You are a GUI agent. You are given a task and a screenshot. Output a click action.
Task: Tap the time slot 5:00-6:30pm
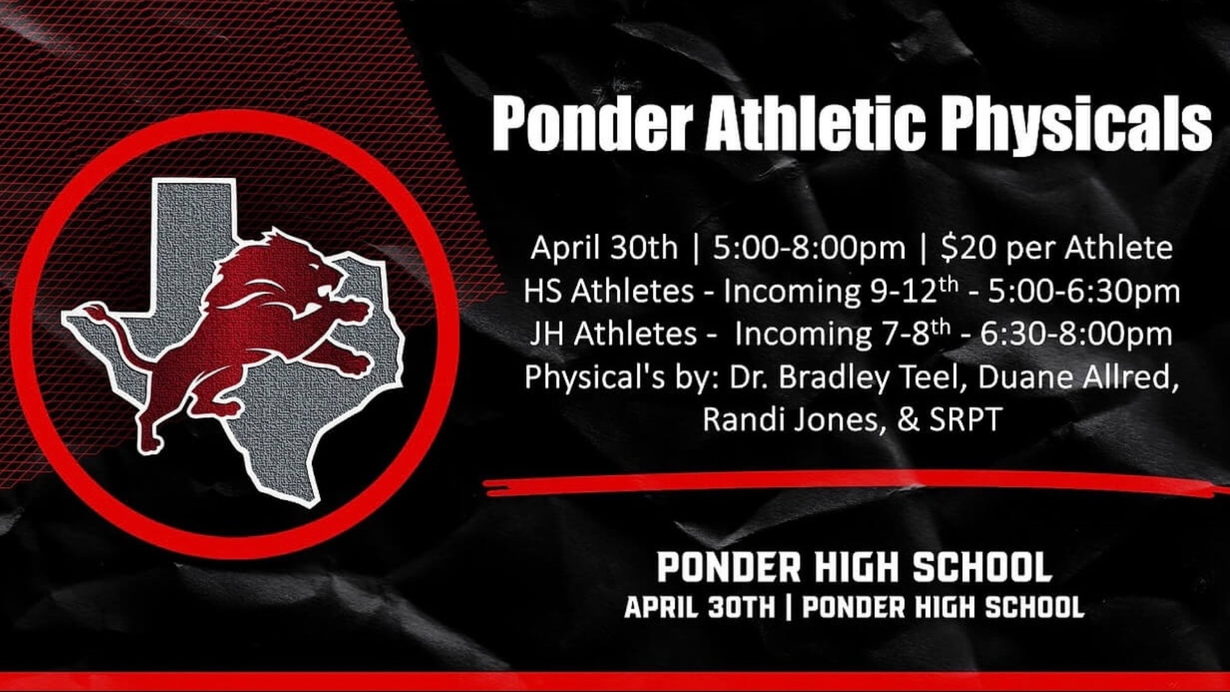pos(1084,292)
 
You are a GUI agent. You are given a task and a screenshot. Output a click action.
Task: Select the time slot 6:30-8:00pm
pos(1076,334)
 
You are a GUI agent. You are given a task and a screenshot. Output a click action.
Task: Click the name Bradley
pos(833,378)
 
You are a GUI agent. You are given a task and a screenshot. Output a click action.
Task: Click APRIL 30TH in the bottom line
pos(700,607)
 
